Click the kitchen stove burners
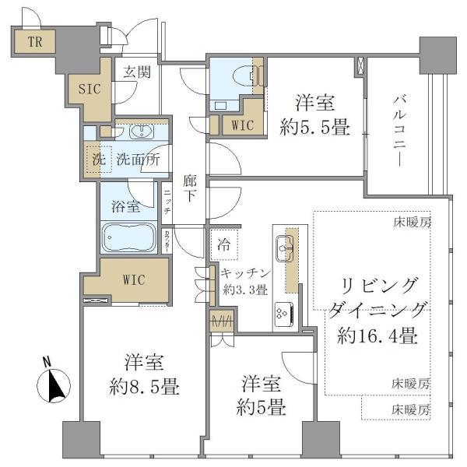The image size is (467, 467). pyautogui.click(x=281, y=313)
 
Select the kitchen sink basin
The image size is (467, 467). pyautogui.click(x=281, y=248)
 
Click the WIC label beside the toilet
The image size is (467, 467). pyautogui.click(x=236, y=122)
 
